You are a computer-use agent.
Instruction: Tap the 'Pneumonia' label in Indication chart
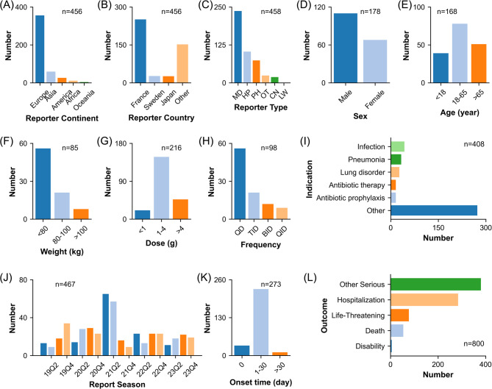[368, 158]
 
